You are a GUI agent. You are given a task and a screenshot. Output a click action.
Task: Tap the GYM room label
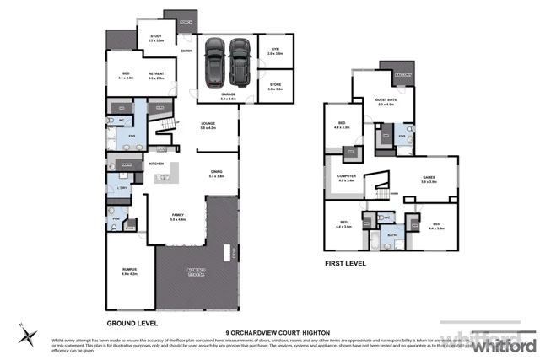point(275,50)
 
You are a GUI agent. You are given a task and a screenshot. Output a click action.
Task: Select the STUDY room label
point(155,36)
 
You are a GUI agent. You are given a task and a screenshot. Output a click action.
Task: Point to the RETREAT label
point(155,74)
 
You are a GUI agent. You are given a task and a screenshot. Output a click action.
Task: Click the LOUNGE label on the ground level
point(208,124)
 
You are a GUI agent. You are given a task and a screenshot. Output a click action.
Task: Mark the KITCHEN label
point(156,163)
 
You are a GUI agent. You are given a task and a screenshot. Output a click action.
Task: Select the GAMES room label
point(429,177)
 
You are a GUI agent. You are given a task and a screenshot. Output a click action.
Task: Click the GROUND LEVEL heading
point(132,323)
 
